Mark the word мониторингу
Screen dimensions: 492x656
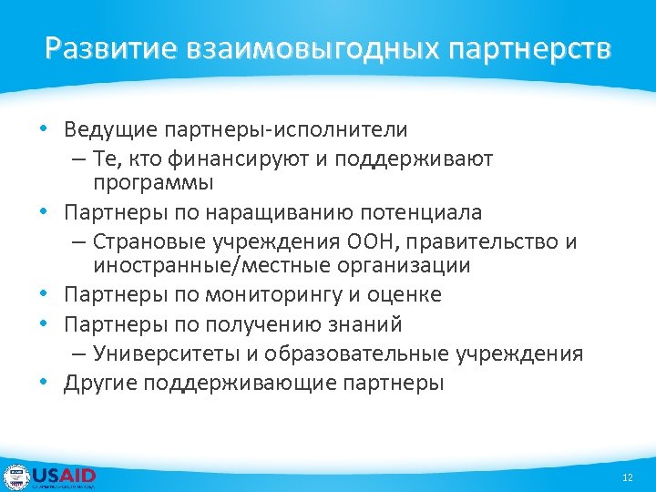tap(281, 295)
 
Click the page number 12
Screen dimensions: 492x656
tap(626, 477)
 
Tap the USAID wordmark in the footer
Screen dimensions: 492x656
tap(64, 475)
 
